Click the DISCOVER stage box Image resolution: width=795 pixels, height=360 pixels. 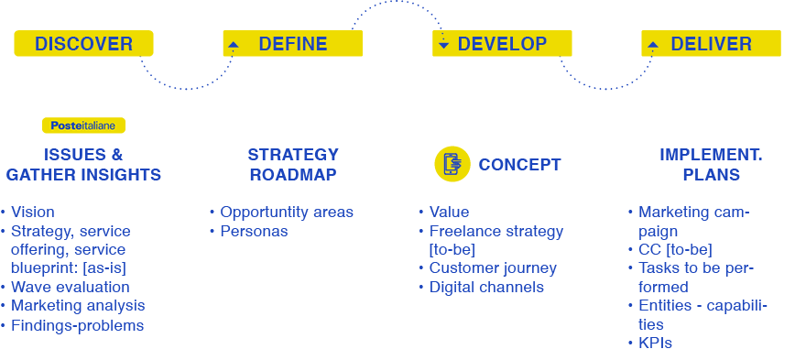(x=83, y=44)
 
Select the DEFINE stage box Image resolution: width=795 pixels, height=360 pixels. (x=292, y=44)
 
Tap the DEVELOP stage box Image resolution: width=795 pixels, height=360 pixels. (x=502, y=44)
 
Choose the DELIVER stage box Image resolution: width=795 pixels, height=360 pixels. (x=711, y=44)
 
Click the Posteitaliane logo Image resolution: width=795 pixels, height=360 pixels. (x=83, y=125)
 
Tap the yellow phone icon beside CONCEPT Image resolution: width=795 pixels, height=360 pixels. (x=451, y=165)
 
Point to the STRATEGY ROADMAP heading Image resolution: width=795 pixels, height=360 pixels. (x=292, y=165)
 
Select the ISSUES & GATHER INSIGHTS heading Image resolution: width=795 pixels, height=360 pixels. (x=83, y=165)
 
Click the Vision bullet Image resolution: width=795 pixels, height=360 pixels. (x=32, y=213)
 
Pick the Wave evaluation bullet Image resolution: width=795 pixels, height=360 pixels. (x=70, y=288)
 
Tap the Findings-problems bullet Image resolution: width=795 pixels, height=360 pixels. (x=77, y=326)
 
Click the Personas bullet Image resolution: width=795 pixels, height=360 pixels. (x=254, y=232)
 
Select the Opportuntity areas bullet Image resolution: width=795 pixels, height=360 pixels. (x=286, y=213)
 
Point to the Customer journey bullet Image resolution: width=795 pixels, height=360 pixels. (x=492, y=268)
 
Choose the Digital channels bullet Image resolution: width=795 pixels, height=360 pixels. (x=486, y=288)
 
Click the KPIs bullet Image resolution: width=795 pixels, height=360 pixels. (x=656, y=344)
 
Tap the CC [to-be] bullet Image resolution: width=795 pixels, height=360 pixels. (x=675, y=249)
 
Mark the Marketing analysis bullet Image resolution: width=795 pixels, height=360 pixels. (x=77, y=306)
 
